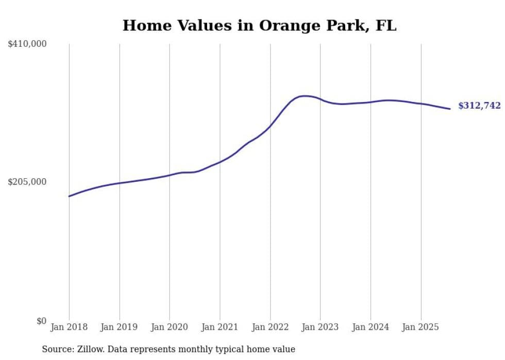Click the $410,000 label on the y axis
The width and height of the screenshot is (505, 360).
pyautogui.click(x=27, y=44)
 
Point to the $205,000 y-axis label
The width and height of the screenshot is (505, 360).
pyautogui.click(x=27, y=182)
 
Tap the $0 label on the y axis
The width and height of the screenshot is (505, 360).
pyautogui.click(x=41, y=321)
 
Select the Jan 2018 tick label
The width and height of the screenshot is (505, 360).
pyautogui.click(x=69, y=327)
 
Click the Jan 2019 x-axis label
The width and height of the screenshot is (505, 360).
pyautogui.click(x=120, y=327)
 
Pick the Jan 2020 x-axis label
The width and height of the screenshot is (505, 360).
pyautogui.click(x=170, y=327)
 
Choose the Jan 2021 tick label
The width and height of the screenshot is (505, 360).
pyautogui.click(x=220, y=327)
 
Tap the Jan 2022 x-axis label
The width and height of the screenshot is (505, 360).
pyautogui.click(x=270, y=327)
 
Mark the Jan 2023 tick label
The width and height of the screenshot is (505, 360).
pyautogui.click(x=320, y=327)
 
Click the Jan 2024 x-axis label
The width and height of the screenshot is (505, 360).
pyautogui.click(x=371, y=327)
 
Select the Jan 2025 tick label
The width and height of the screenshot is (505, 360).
pyautogui.click(x=421, y=327)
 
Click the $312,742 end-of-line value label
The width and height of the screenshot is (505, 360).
pyautogui.click(x=479, y=106)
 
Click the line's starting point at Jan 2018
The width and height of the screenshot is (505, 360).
pyautogui.click(x=69, y=196)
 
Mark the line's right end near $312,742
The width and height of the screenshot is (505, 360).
pyautogui.click(x=450, y=109)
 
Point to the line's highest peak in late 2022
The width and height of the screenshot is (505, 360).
pyautogui.click(x=305, y=96)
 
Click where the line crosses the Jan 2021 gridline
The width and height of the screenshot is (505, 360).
pyautogui.click(x=220, y=162)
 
